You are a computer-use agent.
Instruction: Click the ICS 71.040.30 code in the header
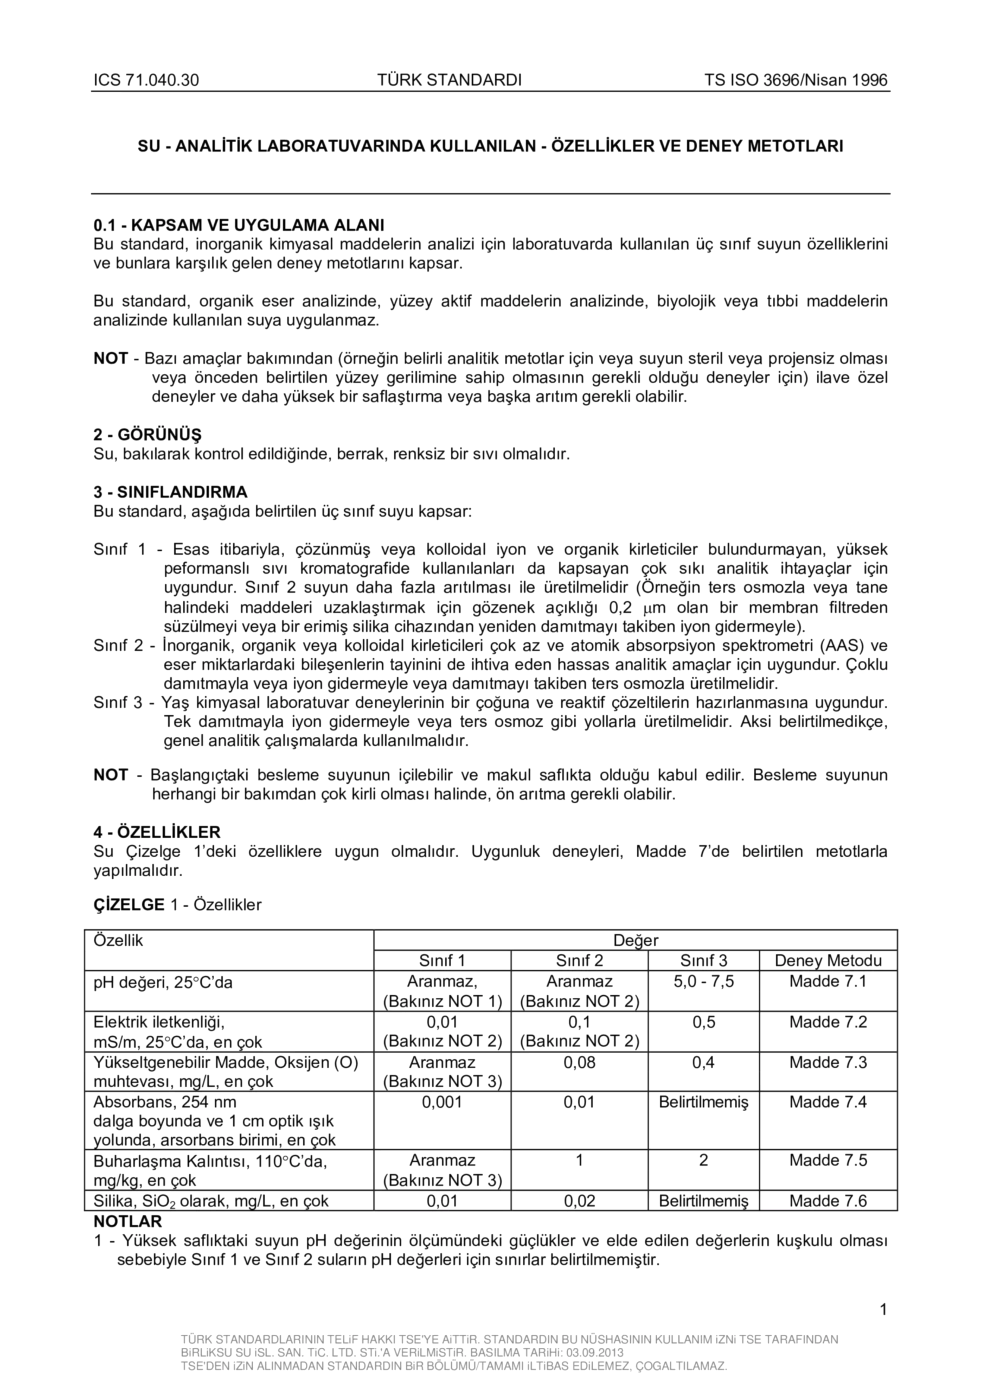146,80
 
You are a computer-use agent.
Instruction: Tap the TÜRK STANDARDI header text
449,80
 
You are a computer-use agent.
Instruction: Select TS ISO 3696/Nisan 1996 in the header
796,80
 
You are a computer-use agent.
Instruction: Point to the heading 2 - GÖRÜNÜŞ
148,435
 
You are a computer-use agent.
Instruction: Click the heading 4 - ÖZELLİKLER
157,832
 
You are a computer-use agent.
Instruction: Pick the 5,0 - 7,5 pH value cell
703,980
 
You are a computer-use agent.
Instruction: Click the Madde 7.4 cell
828,1101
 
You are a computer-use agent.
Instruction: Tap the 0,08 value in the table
579,1062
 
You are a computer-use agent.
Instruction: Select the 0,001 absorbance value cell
441,1101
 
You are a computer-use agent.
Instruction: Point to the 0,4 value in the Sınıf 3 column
703,1062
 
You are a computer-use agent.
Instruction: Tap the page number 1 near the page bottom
883,1310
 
